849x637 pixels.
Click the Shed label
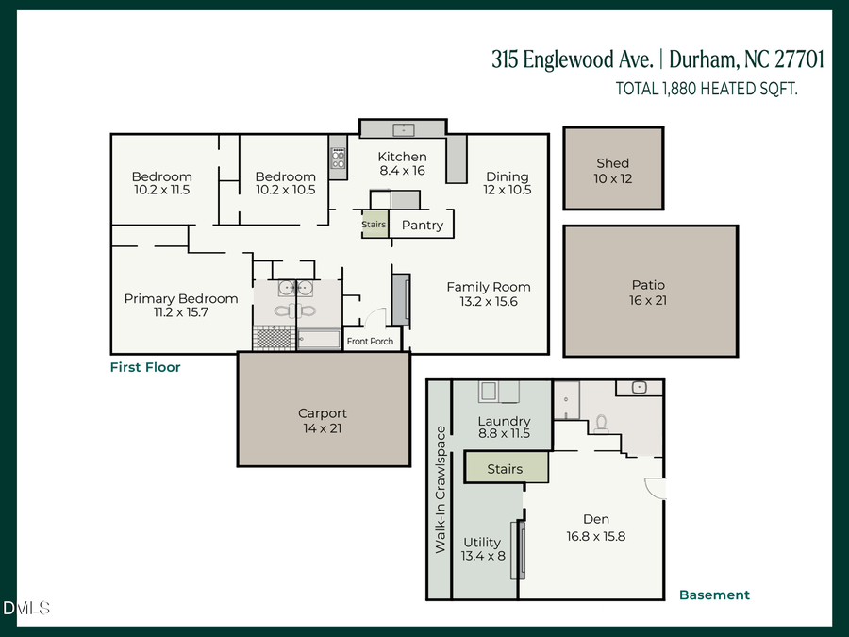[612, 163]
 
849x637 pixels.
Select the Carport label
[323, 413]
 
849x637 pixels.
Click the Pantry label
[422, 226]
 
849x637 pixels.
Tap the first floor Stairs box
[375, 225]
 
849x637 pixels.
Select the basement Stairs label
[505, 469]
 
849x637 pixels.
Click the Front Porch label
[370, 342]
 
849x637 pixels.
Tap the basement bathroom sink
[639, 387]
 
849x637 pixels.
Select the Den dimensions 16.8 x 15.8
[595, 536]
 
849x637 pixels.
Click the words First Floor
[144, 367]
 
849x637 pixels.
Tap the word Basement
[714, 595]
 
